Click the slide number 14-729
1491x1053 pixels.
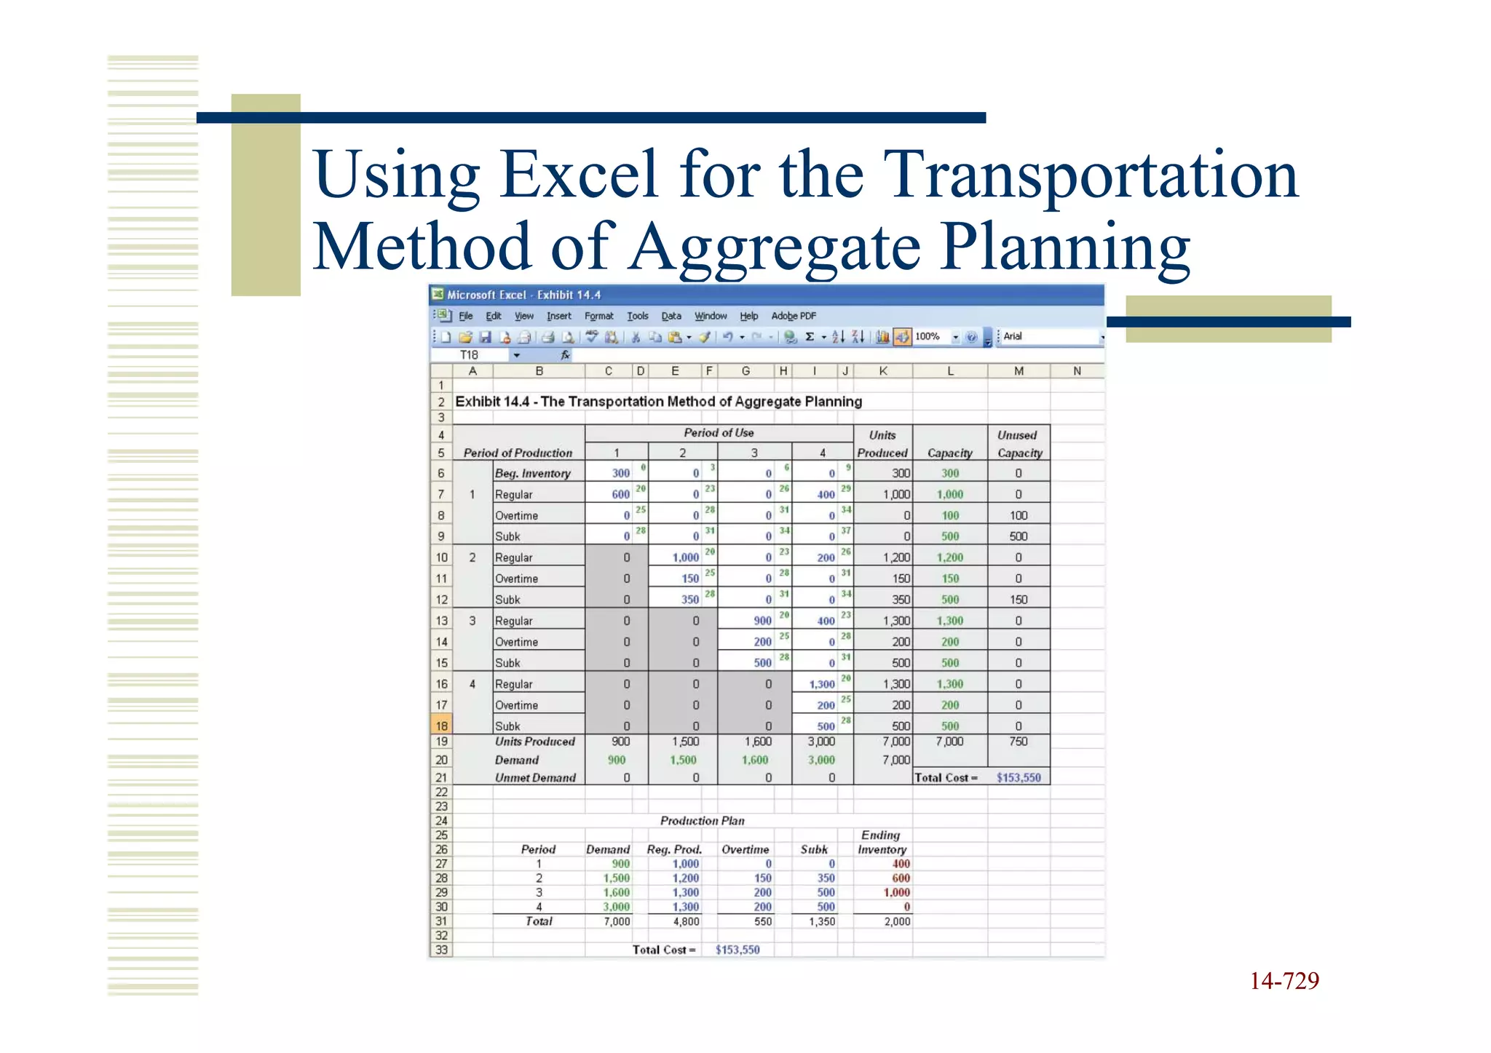pyautogui.click(x=1284, y=981)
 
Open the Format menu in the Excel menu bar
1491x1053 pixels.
pyautogui.click(x=598, y=316)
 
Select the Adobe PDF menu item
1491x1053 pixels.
pyautogui.click(x=793, y=316)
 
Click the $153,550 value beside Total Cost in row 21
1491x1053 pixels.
pyautogui.click(x=1018, y=778)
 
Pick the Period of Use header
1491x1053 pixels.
pyautogui.click(x=719, y=433)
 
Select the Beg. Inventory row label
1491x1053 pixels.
pyautogui.click(x=532, y=474)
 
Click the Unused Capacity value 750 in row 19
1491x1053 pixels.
pyautogui.click(x=1018, y=742)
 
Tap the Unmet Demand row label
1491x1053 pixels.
pyautogui.click(x=535, y=778)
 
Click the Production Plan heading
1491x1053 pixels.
pyautogui.click(x=702, y=821)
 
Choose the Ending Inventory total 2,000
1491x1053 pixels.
pyautogui.click(x=896, y=921)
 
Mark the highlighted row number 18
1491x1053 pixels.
pyautogui.click(x=441, y=726)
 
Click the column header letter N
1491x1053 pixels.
pyautogui.click(x=1077, y=371)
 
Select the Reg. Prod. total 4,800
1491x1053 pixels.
pyautogui.click(x=686, y=921)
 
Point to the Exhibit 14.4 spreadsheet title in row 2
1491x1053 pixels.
pyautogui.click(x=658, y=402)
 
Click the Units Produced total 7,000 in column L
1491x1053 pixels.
pyautogui.click(x=949, y=742)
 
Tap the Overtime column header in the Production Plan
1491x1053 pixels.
pyautogui.click(x=745, y=850)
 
